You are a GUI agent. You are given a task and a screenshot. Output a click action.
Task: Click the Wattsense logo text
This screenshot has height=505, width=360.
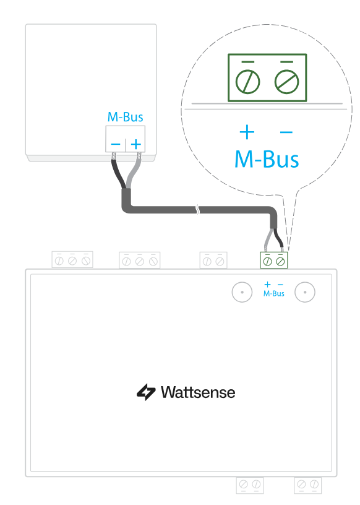[x=198, y=392]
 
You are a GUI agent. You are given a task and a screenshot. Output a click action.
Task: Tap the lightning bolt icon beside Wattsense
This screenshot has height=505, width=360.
[x=146, y=392]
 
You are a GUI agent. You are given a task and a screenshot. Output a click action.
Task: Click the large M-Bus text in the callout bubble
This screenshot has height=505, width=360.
[x=267, y=159]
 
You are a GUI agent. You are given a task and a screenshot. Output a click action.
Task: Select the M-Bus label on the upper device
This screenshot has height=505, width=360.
[x=126, y=117]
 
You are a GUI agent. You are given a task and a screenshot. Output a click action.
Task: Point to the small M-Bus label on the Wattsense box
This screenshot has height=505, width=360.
[x=273, y=293]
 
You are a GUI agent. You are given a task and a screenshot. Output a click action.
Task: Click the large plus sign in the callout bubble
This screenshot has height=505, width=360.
[x=247, y=132]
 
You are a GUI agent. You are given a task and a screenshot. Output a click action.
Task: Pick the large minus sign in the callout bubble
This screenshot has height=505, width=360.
[x=286, y=132]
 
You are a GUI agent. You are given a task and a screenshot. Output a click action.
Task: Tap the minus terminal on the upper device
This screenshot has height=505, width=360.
[x=116, y=144]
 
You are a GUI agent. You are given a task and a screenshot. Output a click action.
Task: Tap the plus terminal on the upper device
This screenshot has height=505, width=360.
[x=135, y=144]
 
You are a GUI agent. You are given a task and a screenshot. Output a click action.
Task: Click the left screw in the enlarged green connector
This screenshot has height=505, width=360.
[x=247, y=82]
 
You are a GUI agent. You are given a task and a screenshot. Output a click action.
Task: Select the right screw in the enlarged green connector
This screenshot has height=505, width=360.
[x=286, y=82]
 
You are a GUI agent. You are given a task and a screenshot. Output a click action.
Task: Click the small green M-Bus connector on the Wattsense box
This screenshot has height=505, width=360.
[x=273, y=260]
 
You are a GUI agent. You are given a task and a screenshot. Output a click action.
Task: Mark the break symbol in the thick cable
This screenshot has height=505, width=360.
[x=198, y=210]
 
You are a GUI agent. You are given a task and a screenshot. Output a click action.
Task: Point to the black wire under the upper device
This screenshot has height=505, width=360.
[x=118, y=173]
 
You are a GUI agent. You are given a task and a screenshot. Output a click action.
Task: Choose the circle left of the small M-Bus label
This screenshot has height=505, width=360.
[x=242, y=292]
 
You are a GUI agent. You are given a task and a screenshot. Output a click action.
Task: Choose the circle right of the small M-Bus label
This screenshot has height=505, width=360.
[x=305, y=292]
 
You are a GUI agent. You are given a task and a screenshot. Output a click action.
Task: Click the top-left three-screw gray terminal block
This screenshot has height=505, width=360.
[x=72, y=259]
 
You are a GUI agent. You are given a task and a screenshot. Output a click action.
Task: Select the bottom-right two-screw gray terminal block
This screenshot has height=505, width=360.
[x=308, y=485]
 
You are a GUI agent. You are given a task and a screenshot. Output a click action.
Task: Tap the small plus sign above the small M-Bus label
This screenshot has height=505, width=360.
[x=267, y=285]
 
